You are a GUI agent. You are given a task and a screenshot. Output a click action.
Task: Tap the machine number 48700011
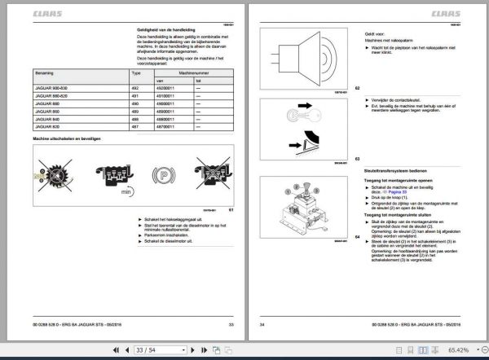165,138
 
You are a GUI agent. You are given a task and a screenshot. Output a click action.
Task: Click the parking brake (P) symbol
161,174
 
